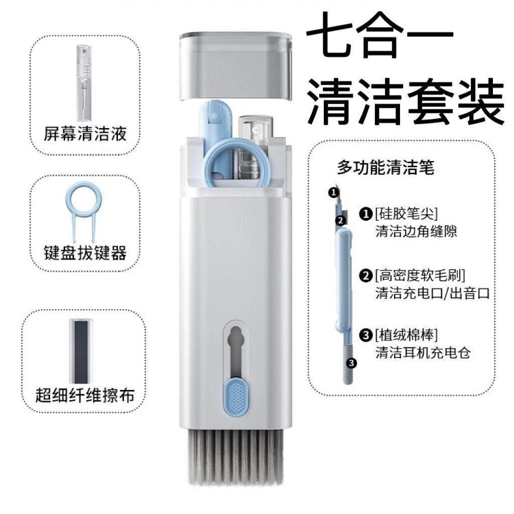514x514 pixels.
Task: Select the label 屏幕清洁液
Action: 85,134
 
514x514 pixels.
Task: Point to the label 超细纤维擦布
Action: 85,395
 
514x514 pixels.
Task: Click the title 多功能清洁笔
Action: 385,168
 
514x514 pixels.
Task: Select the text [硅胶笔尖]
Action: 406,214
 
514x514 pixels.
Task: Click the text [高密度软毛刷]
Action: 420,275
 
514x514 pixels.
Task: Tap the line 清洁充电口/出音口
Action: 432,293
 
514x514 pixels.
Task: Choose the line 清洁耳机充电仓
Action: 423,352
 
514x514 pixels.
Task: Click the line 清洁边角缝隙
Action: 416,232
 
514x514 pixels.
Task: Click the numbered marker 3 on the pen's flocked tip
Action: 351,362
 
